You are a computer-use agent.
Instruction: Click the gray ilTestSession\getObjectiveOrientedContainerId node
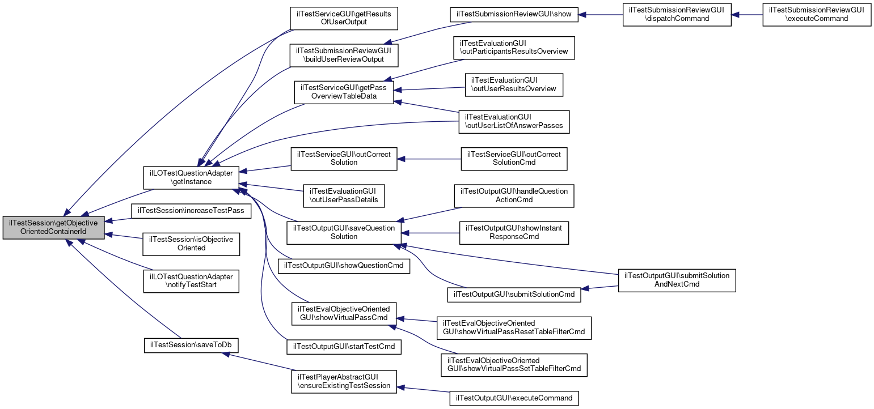[x=54, y=228]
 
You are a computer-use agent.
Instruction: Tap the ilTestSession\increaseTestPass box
[x=191, y=210]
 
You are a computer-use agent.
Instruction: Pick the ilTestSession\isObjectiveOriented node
[x=191, y=244]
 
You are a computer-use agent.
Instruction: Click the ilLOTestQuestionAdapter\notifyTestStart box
[x=191, y=281]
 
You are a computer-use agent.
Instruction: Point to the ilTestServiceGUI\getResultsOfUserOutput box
[x=344, y=18]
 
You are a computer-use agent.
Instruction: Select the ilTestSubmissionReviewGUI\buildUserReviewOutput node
[x=344, y=55]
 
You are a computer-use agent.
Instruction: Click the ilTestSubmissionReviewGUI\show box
[x=514, y=14]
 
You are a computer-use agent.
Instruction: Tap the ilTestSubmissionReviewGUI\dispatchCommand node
[x=677, y=14]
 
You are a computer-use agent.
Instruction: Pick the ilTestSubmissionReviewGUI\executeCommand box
[x=816, y=14]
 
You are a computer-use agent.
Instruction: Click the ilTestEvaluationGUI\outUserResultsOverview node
[x=513, y=84]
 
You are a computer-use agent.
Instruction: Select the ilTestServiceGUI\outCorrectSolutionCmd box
[x=514, y=159]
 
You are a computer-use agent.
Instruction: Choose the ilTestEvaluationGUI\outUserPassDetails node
[x=344, y=195]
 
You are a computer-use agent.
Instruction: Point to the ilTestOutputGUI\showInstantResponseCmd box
[x=514, y=233]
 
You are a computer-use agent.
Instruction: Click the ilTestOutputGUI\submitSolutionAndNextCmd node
[x=677, y=280]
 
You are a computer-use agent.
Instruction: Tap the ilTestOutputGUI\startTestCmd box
[x=344, y=345]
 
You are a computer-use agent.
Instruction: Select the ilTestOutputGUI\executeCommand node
[x=514, y=398]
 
